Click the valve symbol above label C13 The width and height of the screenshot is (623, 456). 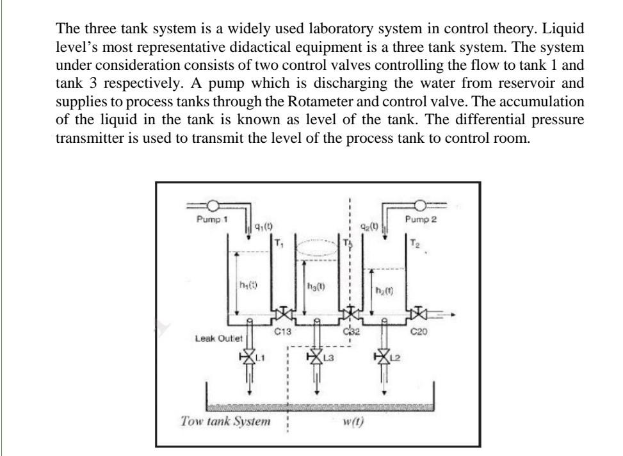[x=282, y=315]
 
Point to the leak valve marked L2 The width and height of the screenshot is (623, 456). [x=384, y=356]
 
